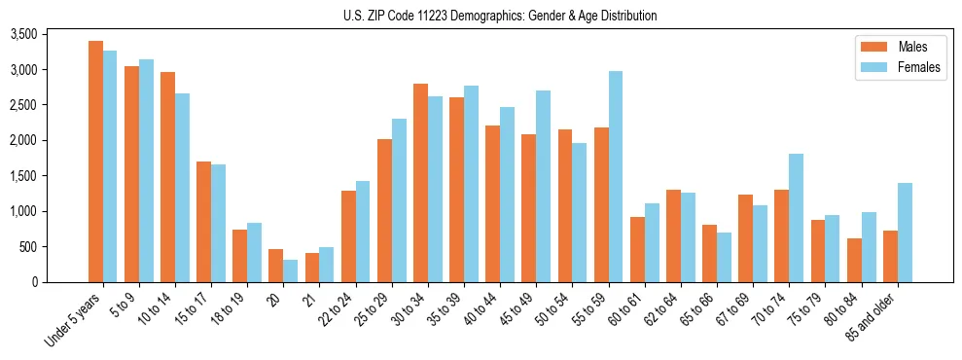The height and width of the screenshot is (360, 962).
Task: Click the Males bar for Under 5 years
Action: coord(95,162)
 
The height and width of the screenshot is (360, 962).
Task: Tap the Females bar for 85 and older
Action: coord(905,233)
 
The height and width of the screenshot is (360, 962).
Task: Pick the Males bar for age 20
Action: coord(276,266)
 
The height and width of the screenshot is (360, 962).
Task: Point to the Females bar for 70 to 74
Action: coord(796,218)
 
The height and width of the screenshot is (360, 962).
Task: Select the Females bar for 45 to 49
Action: coord(543,186)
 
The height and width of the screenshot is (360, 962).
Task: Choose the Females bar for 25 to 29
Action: coord(399,200)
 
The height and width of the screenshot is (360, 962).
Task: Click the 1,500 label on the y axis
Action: coord(21,176)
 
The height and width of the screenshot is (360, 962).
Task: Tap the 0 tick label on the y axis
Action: coord(33,282)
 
